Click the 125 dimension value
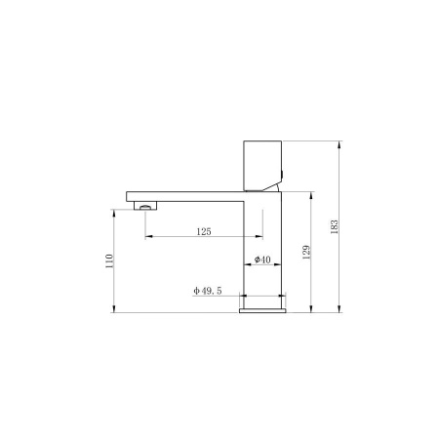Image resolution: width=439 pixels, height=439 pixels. coord(204,231)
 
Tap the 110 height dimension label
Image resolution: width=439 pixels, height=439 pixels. coord(109,261)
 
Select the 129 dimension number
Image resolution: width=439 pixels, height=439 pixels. coord(306,253)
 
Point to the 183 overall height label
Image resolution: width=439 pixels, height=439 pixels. coord(335,227)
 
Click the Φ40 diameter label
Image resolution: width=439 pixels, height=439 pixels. coord(262,259)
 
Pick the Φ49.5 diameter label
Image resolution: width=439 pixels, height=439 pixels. coord(208,291)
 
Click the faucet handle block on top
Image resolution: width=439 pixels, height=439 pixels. coord(262,166)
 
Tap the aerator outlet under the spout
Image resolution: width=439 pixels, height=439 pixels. coord(145,206)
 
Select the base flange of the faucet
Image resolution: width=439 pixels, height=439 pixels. coord(262,310)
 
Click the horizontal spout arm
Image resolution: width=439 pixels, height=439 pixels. coord(185,196)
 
